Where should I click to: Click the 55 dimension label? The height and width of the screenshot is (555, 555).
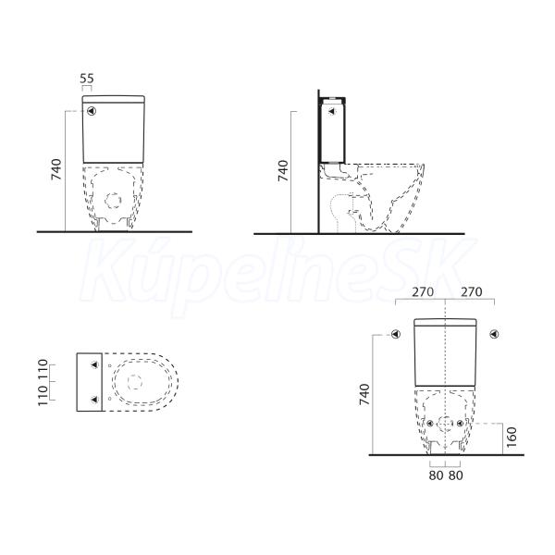point(87,79)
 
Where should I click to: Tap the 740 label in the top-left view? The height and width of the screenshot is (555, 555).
point(56,169)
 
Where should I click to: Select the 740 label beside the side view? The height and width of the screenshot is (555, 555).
point(283,170)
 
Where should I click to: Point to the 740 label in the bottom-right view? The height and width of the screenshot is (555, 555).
point(364,394)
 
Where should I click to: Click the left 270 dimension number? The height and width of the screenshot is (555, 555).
point(423,292)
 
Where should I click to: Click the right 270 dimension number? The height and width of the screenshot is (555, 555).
point(472,292)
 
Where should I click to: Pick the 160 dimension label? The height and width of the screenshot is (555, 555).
point(512,438)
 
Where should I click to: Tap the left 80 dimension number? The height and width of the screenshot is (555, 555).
point(436,475)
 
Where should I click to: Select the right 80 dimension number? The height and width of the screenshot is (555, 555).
point(455,475)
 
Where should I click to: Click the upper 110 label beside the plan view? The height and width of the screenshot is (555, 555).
point(43,369)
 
